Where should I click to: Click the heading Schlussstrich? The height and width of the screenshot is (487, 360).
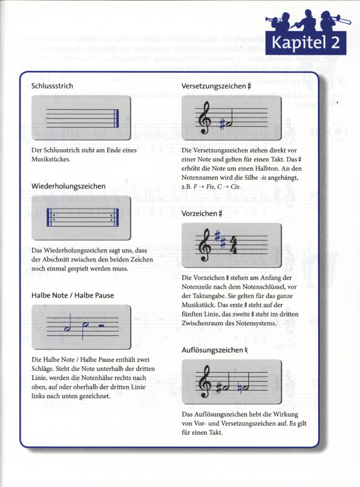(52, 86)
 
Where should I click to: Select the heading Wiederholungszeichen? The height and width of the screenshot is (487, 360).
(68, 186)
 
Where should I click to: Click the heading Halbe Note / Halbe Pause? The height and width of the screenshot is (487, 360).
(73, 295)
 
